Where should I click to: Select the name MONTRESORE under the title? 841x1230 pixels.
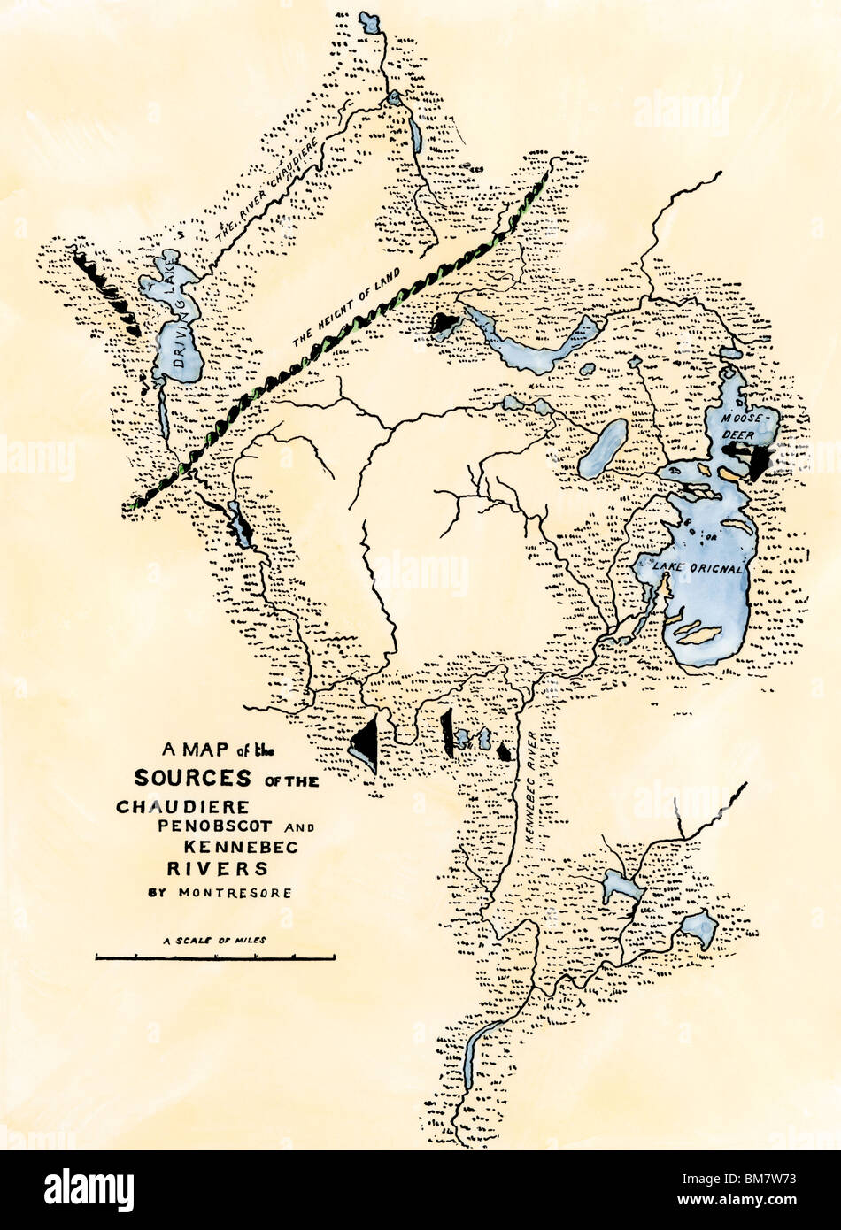pos(235,893)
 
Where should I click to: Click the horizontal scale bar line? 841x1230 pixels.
pos(215,957)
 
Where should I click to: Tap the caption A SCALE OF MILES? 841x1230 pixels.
pos(214,941)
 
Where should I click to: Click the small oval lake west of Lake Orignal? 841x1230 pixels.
pos(603,449)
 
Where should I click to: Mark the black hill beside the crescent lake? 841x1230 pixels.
pos(444,324)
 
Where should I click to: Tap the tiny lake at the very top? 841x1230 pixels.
pos(370,25)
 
